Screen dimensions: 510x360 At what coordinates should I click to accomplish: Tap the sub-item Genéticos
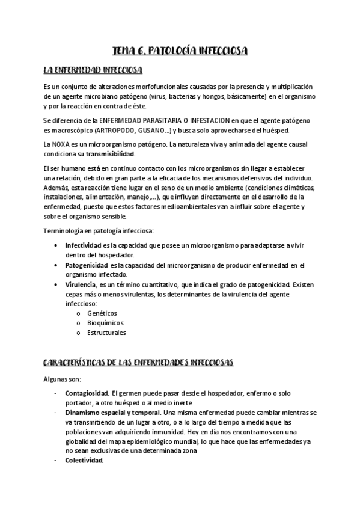click(102, 313)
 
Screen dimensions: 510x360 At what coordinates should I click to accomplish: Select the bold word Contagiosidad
click(87, 393)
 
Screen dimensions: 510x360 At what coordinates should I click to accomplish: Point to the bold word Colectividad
click(84, 461)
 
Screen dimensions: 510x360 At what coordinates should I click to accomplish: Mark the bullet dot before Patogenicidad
click(56, 265)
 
